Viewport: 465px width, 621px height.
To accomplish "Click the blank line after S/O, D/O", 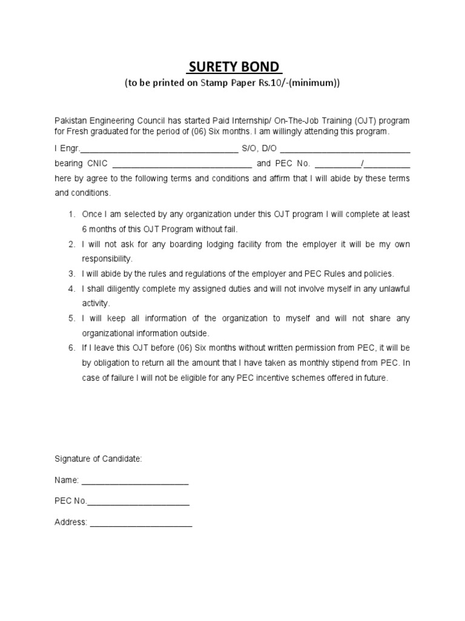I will click(x=345, y=149).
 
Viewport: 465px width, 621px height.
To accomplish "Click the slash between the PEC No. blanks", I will click(x=361, y=163).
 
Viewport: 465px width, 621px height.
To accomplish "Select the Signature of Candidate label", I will click(x=98, y=460).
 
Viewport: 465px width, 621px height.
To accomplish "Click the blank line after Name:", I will click(x=134, y=482).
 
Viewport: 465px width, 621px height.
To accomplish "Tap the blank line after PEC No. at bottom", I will click(x=138, y=503).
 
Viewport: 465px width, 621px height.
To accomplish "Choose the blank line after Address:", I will click(x=140, y=523).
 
